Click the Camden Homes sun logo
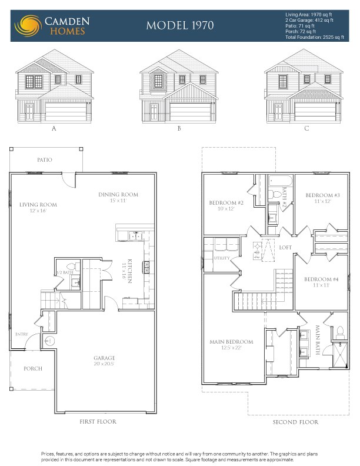(x=28, y=25)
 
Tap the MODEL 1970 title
(x=180, y=25)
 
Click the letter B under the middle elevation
(x=178, y=128)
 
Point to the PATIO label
(x=45, y=160)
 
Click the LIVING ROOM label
(x=38, y=205)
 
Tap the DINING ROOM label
(x=118, y=195)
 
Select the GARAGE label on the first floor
(x=104, y=358)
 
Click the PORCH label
(x=33, y=369)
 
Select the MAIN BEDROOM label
(x=231, y=342)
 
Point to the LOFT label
(x=285, y=247)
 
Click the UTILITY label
(x=222, y=258)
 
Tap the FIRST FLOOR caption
(x=98, y=422)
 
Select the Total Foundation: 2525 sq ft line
(x=314, y=37)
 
